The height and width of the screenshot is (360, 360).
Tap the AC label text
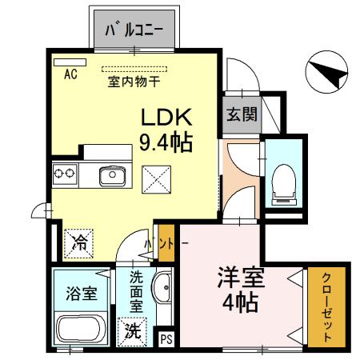(70, 74)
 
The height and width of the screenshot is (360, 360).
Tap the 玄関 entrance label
(241, 114)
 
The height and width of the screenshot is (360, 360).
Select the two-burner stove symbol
(64, 173)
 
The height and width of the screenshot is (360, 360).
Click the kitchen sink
(113, 174)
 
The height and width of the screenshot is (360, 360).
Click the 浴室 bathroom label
(81, 292)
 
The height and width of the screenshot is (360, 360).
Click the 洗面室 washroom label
(137, 291)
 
